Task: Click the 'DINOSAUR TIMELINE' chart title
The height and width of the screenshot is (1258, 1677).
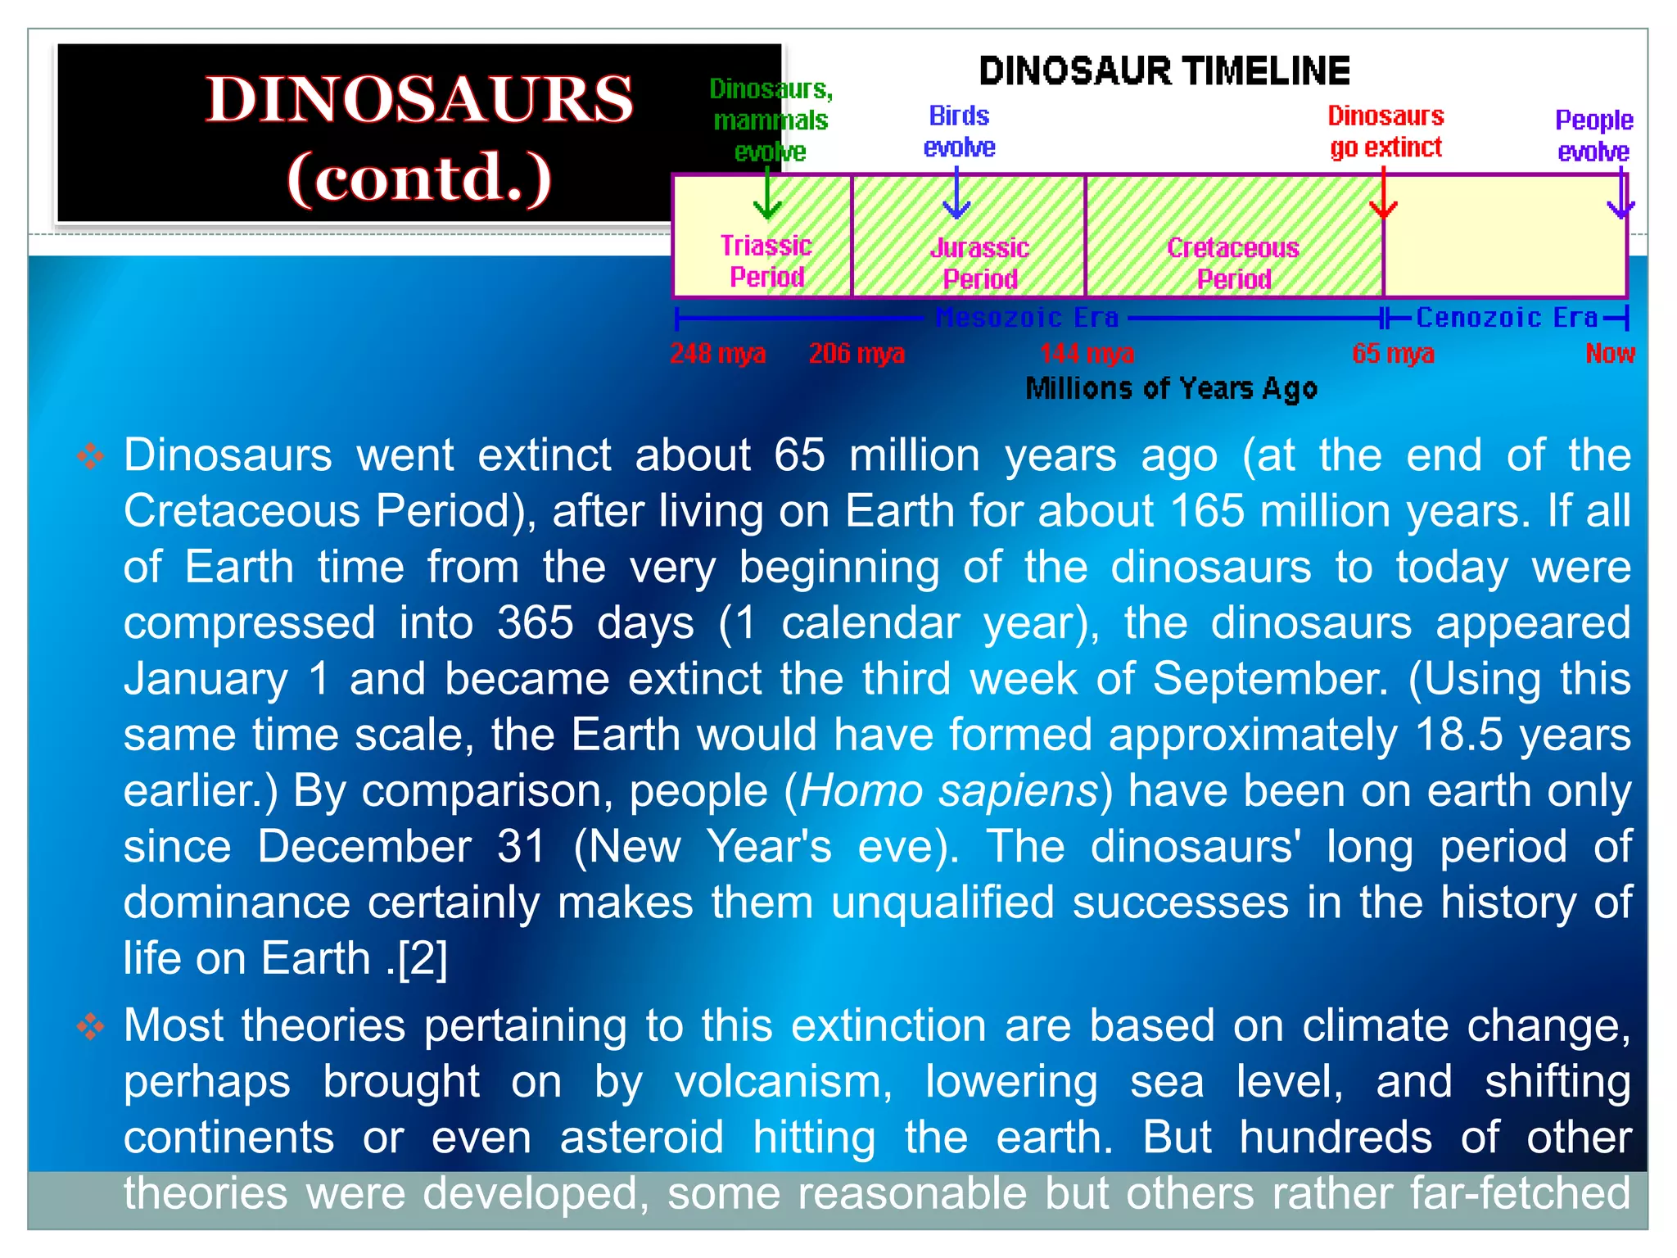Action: pyautogui.click(x=1164, y=71)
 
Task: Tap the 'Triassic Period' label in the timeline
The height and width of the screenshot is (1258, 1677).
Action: pyautogui.click(x=766, y=261)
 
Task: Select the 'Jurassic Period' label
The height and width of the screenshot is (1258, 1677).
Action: pyautogui.click(x=980, y=263)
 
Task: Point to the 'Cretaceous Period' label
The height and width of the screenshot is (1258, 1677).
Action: pyautogui.click(x=1233, y=263)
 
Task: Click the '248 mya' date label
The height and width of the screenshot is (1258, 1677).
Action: pyautogui.click(x=718, y=353)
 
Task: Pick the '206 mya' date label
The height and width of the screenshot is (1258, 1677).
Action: pyautogui.click(x=857, y=353)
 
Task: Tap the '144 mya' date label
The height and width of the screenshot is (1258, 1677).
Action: pyautogui.click(x=1087, y=353)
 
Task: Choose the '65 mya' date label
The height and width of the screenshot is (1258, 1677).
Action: pyautogui.click(x=1393, y=353)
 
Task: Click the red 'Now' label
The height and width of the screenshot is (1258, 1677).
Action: pyautogui.click(x=1610, y=353)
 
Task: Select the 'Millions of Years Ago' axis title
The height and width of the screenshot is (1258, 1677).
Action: pyautogui.click(x=1171, y=388)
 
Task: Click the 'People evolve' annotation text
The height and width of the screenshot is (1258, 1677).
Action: pyautogui.click(x=1593, y=135)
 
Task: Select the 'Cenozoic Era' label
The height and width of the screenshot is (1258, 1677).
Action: pyautogui.click(x=1507, y=317)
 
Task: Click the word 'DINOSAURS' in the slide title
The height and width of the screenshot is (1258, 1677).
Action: pyautogui.click(x=419, y=99)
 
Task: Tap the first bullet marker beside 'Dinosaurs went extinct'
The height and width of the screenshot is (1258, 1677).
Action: pyautogui.click(x=91, y=456)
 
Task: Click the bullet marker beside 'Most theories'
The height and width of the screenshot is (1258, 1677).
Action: pyautogui.click(x=91, y=1026)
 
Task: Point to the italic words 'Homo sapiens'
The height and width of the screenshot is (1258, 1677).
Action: pyautogui.click(x=949, y=791)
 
